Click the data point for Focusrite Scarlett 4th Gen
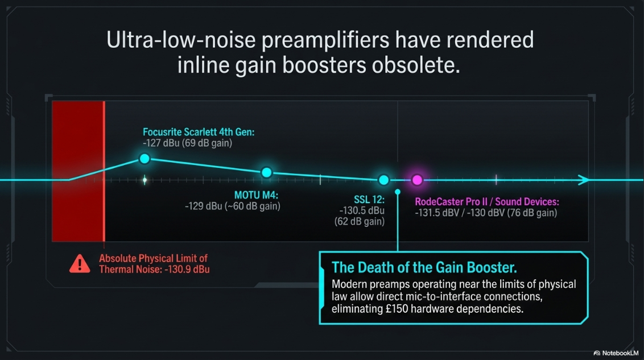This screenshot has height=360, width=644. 145,159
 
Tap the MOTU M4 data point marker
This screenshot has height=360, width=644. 267,172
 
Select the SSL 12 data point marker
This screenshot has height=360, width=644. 383,180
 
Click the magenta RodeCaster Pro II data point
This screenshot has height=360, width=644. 417,180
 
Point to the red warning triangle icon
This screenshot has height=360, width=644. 80,264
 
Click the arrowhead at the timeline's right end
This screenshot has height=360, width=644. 584,180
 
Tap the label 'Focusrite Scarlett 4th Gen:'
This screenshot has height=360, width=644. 199,132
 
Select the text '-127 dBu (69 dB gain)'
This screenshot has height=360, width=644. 187,143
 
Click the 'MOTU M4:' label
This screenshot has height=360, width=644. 256,195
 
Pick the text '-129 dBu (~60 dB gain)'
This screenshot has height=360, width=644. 233,206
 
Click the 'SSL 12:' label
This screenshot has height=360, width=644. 369,200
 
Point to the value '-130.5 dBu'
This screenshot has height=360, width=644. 362,210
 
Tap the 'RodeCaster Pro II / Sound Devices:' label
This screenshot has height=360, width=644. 486,202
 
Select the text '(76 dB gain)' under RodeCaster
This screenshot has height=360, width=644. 532,213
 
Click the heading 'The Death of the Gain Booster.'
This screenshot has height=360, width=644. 424,268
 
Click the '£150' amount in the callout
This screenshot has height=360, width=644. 397,309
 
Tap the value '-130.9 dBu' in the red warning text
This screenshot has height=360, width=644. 187,270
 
